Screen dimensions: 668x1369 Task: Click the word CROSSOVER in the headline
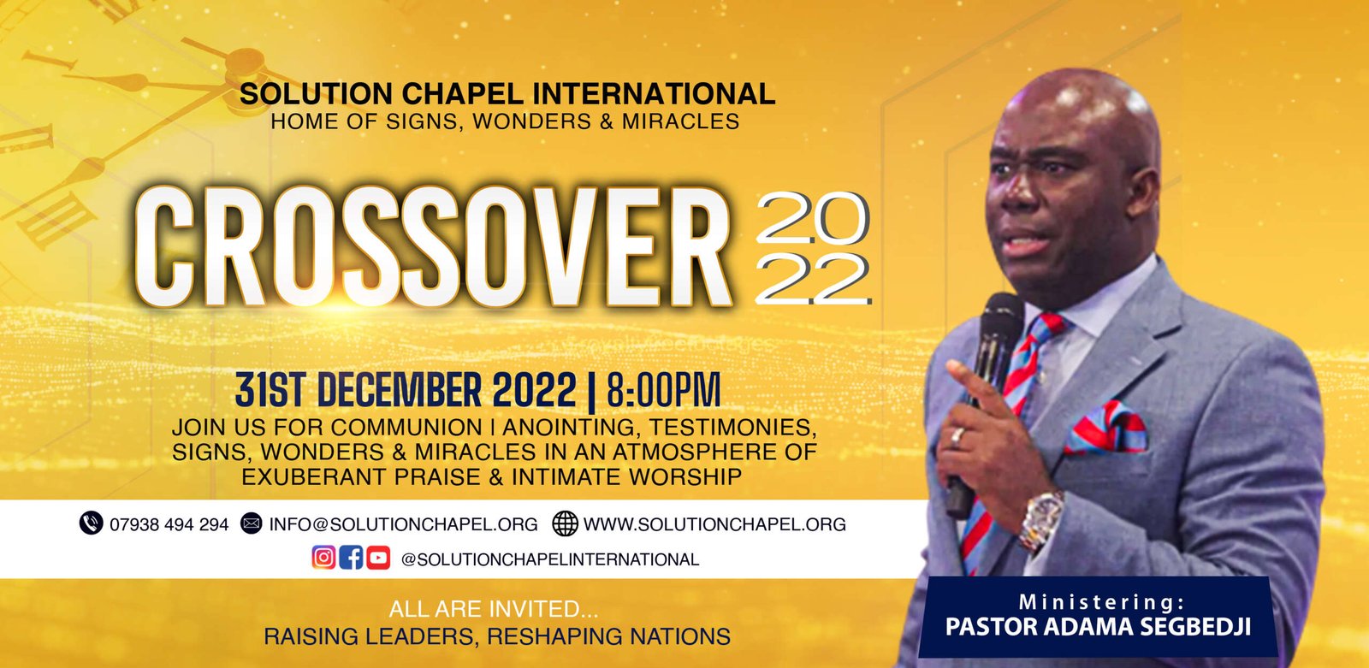[x=433, y=247]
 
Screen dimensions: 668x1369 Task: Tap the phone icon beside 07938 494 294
[x=91, y=523]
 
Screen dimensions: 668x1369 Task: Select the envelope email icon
[x=251, y=523]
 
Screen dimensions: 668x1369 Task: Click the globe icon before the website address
[x=565, y=523]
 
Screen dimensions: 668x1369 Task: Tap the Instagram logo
[x=323, y=558]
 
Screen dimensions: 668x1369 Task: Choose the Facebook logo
[x=351, y=558]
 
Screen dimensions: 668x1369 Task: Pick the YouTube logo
[x=378, y=558]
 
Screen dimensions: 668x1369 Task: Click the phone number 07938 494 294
[x=169, y=524]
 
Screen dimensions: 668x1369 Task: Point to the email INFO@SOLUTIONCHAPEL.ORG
[x=403, y=524]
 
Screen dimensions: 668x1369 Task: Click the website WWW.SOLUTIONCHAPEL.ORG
[x=714, y=524]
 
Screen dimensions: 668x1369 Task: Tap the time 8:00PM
[x=663, y=391]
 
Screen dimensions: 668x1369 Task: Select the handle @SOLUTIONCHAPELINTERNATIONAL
[x=549, y=559]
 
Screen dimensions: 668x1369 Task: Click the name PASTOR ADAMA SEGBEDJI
[x=1098, y=627]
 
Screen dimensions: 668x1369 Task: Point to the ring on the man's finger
[x=958, y=436]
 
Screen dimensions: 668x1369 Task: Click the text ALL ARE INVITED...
[x=493, y=610]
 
